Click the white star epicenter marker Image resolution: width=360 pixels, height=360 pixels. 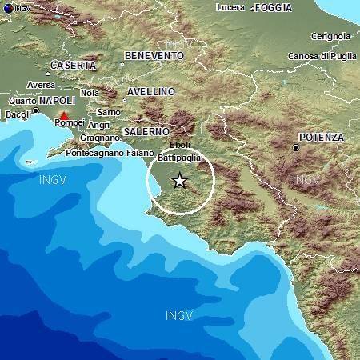[179, 181]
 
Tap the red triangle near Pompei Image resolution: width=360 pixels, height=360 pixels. [64, 117]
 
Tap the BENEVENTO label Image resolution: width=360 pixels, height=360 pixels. [154, 55]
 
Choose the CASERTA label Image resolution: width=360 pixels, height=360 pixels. [73, 65]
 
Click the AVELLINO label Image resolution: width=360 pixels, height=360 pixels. [150, 91]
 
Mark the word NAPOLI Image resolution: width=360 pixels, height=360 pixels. [56, 101]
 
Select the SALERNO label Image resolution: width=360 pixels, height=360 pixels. [146, 130]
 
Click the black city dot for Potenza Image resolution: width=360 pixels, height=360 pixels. [296, 147]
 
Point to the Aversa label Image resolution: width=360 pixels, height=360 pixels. [41, 84]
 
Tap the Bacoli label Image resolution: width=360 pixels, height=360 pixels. [17, 114]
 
